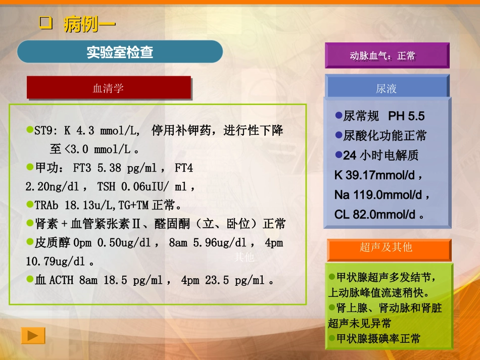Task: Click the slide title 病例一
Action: pos(90,24)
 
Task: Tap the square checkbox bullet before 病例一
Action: pos(46,23)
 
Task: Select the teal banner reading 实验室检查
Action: pos(120,52)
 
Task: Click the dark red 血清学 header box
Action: pos(109,88)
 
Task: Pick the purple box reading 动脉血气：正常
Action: pos(387,56)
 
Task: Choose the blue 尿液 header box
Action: pos(387,88)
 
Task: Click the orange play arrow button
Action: pos(33,335)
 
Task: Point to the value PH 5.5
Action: pos(406,116)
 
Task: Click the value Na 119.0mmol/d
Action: pos(379,194)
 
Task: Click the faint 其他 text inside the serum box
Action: pos(245,258)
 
